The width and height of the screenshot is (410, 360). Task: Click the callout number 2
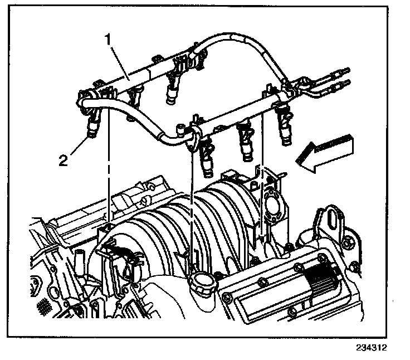(x=64, y=161)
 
